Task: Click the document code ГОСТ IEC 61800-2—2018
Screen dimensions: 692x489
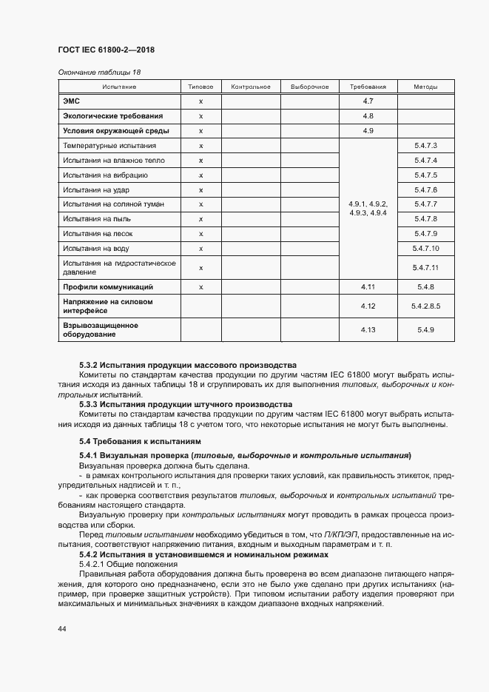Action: pos(105,50)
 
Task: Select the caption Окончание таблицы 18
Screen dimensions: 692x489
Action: pos(98,73)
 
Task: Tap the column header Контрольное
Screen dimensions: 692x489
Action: pos(251,87)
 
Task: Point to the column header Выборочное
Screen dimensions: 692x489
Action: pos(309,87)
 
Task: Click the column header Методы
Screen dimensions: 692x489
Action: pos(426,87)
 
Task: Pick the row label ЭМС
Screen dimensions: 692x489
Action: pos(72,101)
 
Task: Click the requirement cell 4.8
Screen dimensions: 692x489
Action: pos(368,116)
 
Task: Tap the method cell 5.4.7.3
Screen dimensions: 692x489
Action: pos(426,146)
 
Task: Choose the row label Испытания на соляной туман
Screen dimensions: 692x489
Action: pos(113,204)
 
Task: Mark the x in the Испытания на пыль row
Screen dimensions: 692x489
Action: pos(200,219)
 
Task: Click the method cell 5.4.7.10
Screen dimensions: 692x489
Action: pos(426,248)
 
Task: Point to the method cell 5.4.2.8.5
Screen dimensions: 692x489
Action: pos(426,306)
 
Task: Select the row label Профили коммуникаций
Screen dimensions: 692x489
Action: pos(108,286)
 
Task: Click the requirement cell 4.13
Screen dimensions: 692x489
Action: pos(368,329)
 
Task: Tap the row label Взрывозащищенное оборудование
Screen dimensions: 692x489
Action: pos(101,329)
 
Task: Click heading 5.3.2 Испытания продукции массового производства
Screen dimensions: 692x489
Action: pos(187,365)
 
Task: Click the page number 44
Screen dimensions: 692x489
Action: pos(62,628)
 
